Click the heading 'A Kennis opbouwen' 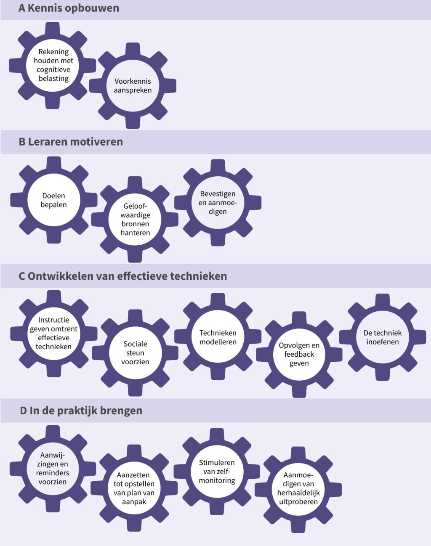(x=69, y=8)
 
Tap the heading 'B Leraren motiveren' (x=71, y=142)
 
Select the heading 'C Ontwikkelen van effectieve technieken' (x=122, y=276)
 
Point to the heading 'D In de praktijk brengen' (x=81, y=411)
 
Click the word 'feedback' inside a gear (x=299, y=354)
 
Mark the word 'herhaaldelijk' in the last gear (x=298, y=493)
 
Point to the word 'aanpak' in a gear (x=134, y=502)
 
